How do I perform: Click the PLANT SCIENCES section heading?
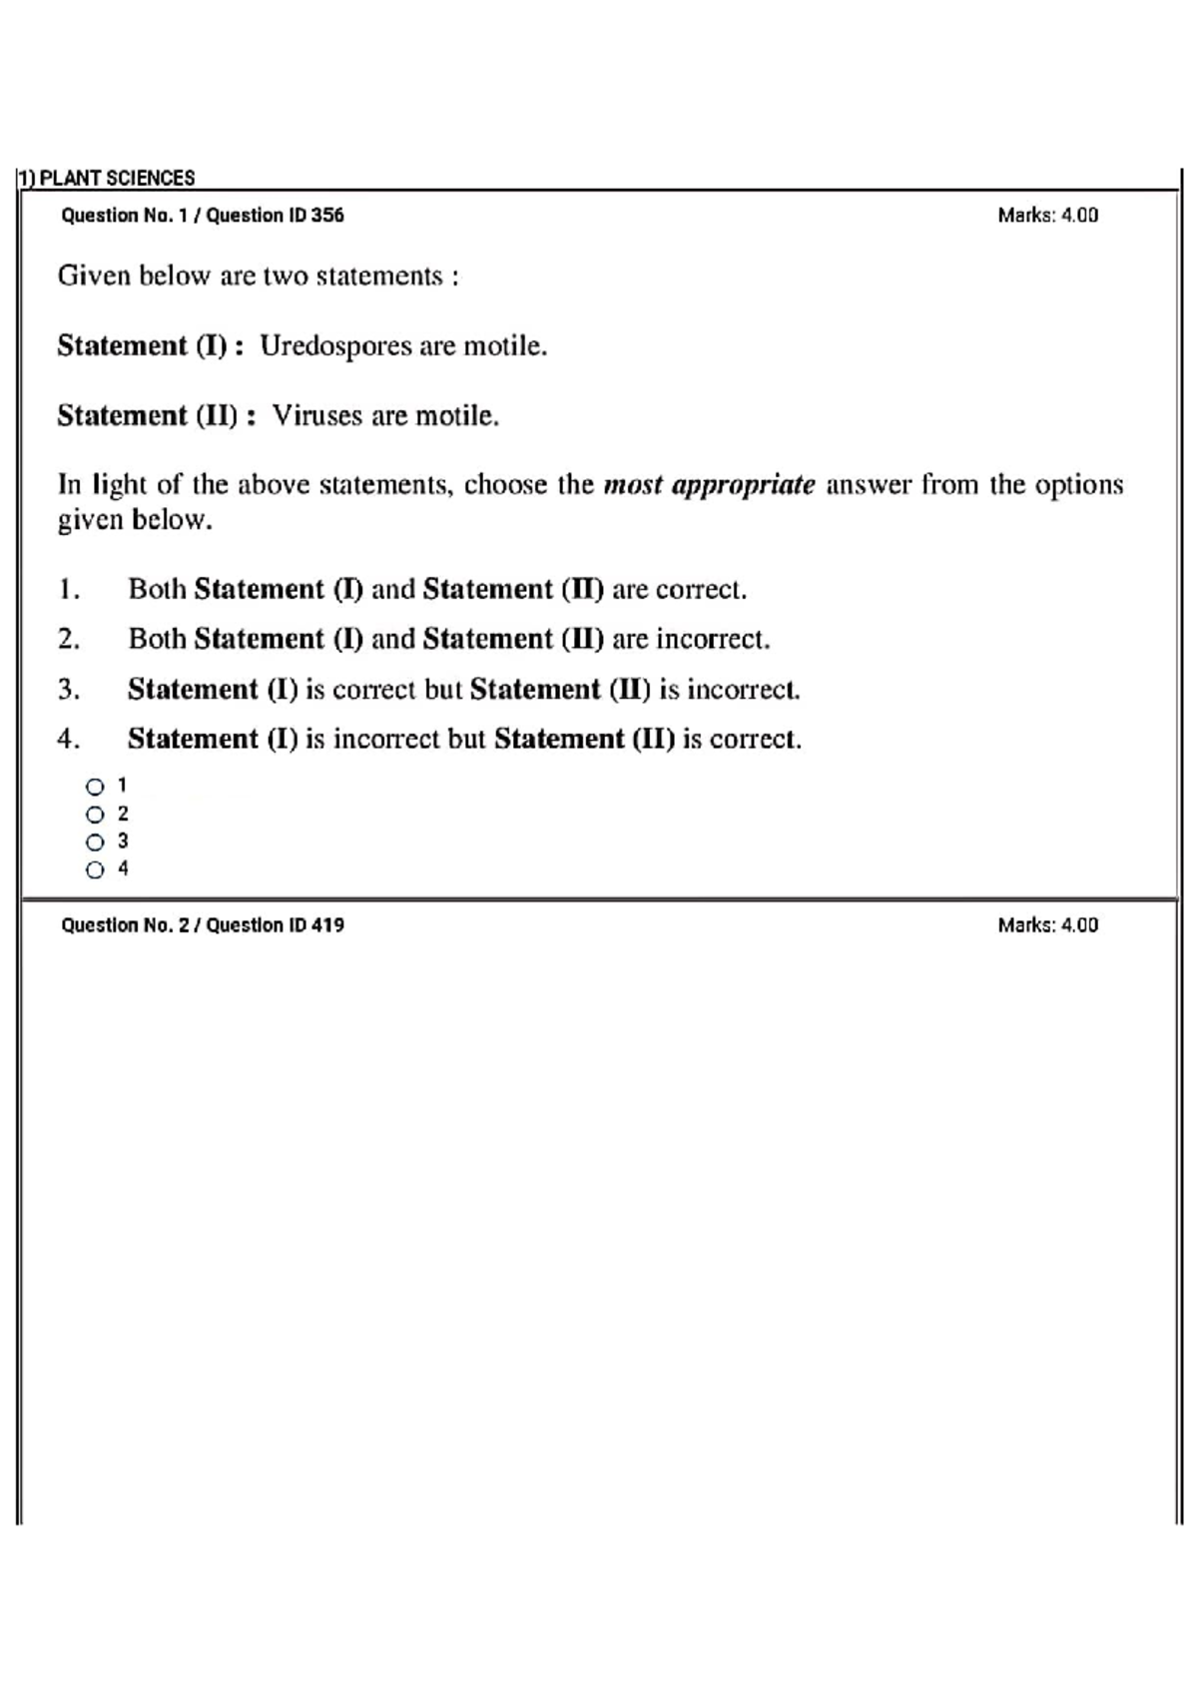tap(116, 178)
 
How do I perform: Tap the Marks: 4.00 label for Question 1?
tap(1047, 215)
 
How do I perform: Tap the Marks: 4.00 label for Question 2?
tap(1047, 924)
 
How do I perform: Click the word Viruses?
tap(316, 415)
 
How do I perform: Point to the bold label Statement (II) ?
tap(156, 415)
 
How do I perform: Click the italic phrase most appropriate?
tap(709, 485)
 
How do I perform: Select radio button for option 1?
tap(95, 786)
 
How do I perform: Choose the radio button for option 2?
tap(95, 814)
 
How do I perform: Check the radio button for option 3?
tap(95, 842)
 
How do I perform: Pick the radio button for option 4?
tap(95, 869)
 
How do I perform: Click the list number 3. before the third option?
tap(68, 689)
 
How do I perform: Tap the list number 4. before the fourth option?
tap(68, 739)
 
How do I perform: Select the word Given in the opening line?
tap(94, 276)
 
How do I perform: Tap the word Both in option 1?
tap(157, 589)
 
